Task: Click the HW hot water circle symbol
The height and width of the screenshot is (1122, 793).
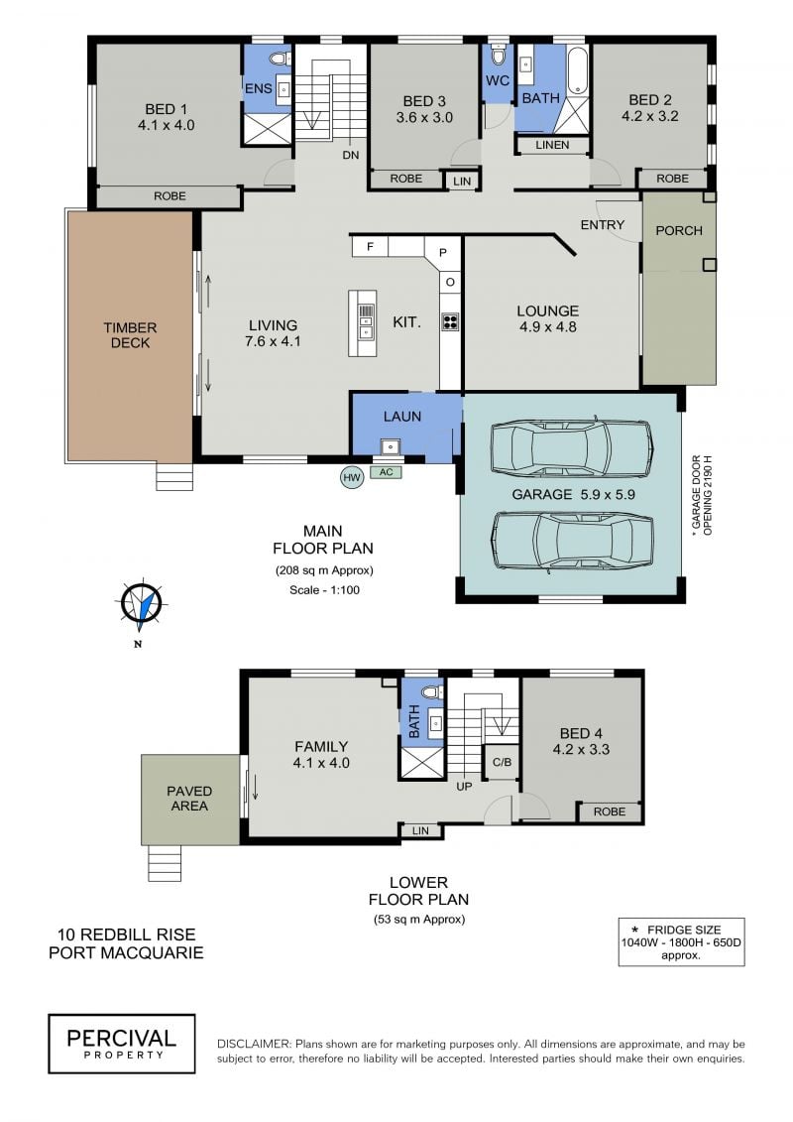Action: click(x=351, y=477)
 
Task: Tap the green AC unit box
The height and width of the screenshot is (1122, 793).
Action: click(x=387, y=472)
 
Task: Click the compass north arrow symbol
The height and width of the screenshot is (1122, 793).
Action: click(x=142, y=605)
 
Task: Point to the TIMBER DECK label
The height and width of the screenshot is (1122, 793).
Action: click(x=130, y=335)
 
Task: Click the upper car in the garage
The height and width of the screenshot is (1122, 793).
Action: click(x=571, y=448)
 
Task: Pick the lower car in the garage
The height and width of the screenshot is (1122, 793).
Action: click(x=571, y=543)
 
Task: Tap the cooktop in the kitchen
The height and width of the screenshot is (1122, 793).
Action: click(x=450, y=321)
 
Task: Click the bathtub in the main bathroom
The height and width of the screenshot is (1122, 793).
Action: click(x=578, y=70)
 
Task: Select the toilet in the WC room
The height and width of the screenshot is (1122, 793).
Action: click(x=498, y=55)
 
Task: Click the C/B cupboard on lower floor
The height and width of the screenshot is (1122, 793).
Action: click(x=502, y=762)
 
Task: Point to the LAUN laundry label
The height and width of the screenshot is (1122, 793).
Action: click(x=401, y=417)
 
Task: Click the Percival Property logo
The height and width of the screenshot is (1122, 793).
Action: click(x=122, y=1044)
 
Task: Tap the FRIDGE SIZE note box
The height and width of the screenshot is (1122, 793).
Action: click(x=681, y=941)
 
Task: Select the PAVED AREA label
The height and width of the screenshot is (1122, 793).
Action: click(x=189, y=798)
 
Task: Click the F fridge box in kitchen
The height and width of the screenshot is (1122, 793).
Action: click(x=370, y=247)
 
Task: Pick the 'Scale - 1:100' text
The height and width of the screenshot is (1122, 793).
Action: click(x=324, y=589)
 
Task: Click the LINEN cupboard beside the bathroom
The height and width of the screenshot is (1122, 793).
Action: click(x=553, y=145)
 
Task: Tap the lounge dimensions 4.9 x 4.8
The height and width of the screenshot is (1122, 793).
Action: click(x=548, y=327)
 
